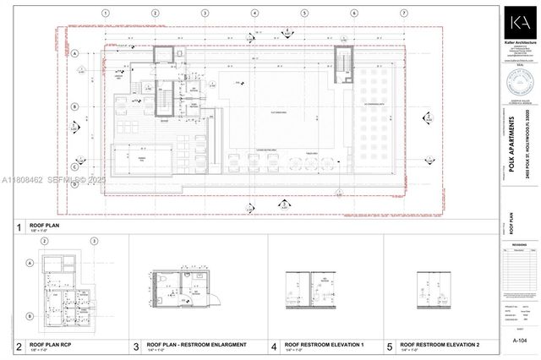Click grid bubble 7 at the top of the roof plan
tap(404, 14)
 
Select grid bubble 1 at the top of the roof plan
tap(105, 14)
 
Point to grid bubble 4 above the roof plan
tap(254, 14)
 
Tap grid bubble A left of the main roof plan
tap(76, 52)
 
